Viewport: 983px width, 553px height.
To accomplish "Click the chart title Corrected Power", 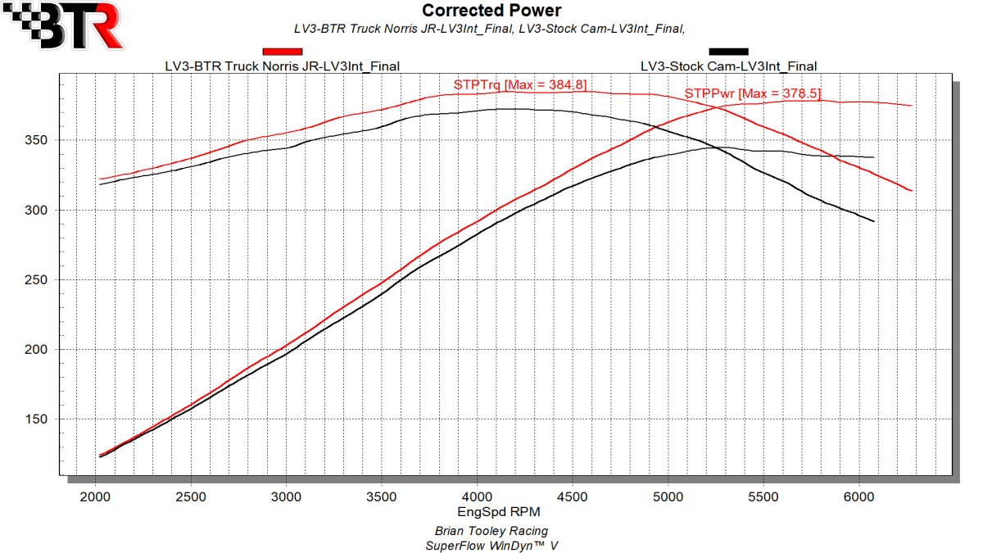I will (x=491, y=11).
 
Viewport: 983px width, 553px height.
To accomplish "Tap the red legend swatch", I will (x=283, y=52).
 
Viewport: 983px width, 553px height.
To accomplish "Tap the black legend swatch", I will (x=728, y=52).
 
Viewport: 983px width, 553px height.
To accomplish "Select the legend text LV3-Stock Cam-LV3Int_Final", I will (x=728, y=66).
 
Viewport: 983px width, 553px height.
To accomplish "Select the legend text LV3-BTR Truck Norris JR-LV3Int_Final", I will (x=283, y=66).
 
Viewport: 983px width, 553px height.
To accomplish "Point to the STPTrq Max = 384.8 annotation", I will (x=520, y=84).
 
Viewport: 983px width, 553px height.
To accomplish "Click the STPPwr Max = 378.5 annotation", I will (x=752, y=93).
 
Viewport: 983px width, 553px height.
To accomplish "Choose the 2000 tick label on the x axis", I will (x=96, y=496).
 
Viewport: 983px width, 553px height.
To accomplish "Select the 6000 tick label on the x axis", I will (x=859, y=496).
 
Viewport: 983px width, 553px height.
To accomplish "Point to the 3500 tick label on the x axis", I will (x=382, y=496).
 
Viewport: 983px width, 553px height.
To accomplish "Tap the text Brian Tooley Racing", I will (x=491, y=531).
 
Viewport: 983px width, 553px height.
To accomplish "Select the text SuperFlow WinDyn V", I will (x=491, y=545).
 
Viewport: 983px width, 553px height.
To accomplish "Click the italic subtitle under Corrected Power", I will (x=490, y=29).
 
